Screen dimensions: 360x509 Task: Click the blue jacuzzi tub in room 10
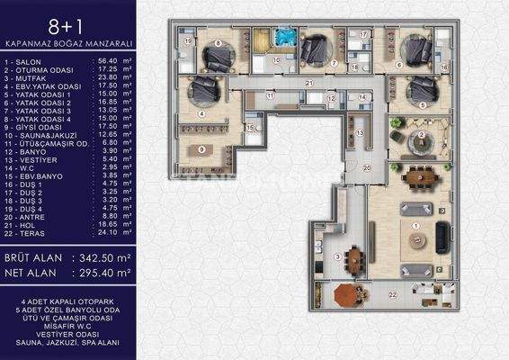point(285,38)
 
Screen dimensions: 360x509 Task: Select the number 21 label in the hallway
point(308,83)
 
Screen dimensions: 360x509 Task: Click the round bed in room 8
point(216,58)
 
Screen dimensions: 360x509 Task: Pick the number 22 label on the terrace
point(391,293)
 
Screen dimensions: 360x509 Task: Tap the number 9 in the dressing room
point(202,148)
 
